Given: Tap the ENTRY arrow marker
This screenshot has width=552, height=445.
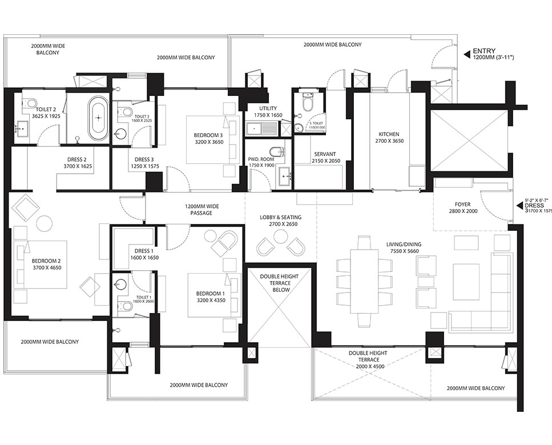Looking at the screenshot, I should [466, 54].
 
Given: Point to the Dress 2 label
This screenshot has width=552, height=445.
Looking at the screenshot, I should [77, 163].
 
